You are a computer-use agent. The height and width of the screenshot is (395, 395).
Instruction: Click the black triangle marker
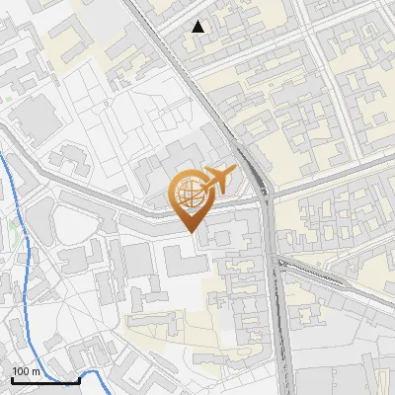coord(198,27)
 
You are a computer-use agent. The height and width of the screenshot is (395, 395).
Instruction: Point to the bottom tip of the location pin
coord(191,232)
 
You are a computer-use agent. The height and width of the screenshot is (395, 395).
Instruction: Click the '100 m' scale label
coord(26,371)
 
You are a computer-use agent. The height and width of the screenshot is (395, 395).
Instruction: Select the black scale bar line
coord(44,379)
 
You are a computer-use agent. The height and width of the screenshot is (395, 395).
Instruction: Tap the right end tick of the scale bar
coord(79,377)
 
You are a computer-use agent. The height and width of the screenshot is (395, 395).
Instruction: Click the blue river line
coord(13,197)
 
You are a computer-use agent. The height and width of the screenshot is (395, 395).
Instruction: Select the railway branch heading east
coord(326,275)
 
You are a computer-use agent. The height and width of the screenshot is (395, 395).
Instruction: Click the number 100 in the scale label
coord(22,371)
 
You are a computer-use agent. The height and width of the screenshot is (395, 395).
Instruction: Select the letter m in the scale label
coord(36,371)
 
